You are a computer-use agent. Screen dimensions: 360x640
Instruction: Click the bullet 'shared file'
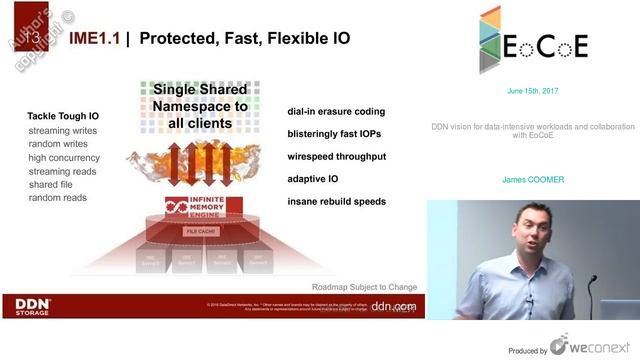pyautogui.click(x=56, y=184)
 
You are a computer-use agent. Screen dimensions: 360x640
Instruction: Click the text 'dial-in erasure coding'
pyautogui.click(x=335, y=112)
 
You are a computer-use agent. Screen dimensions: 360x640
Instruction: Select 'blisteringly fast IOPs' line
pyautogui.click(x=334, y=134)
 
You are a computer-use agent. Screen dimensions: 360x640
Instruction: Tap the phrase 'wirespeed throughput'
pyautogui.click(x=336, y=157)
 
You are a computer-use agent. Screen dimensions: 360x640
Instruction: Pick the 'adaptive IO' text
pyautogui.click(x=313, y=179)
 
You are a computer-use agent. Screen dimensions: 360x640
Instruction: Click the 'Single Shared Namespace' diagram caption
pyautogui.click(x=207, y=106)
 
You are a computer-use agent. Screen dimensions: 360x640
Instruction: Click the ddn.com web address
pyautogui.click(x=392, y=307)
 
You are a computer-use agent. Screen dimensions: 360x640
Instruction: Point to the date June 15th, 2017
pyautogui.click(x=533, y=91)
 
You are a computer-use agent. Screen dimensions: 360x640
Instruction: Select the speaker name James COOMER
pyautogui.click(x=533, y=181)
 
